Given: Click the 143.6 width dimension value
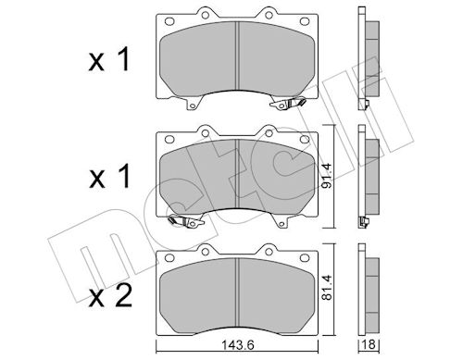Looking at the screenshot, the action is click(238, 345).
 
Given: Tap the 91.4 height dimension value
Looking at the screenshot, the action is click(327, 176).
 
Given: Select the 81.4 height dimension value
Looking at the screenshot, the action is click(327, 288).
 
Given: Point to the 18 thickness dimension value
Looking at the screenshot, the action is click(369, 344).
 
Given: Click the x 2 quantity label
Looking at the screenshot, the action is click(110, 296).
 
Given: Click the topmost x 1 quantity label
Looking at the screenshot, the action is click(109, 60).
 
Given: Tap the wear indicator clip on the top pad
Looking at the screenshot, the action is click(288, 103).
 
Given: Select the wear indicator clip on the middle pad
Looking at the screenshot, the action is click(186, 221).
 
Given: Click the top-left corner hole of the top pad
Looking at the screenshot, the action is click(169, 21).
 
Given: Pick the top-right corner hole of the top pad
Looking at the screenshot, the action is click(305, 21).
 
